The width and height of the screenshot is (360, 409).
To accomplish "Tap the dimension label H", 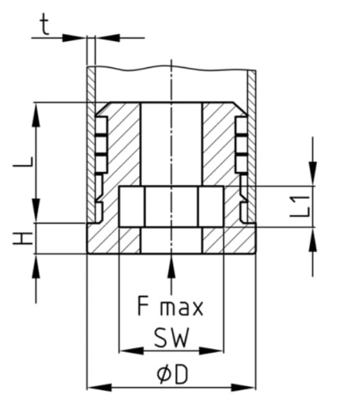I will [x=22, y=239].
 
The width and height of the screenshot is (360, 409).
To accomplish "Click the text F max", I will [x=171, y=307].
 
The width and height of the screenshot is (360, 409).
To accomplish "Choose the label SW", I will [x=171, y=338].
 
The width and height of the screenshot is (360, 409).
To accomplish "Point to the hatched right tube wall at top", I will [x=252, y=83].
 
